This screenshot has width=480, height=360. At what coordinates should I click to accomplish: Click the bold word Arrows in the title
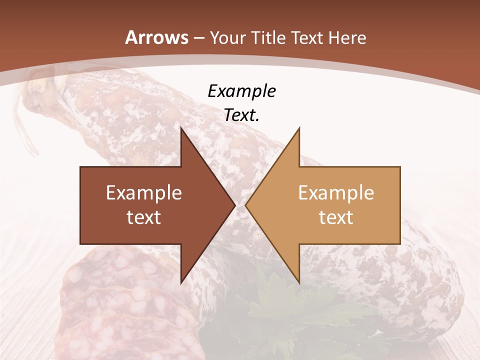click(157, 38)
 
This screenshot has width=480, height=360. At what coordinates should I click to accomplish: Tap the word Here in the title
click(347, 38)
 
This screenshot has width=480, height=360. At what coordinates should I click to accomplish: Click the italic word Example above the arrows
click(241, 91)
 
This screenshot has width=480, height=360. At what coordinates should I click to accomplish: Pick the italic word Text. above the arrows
click(241, 115)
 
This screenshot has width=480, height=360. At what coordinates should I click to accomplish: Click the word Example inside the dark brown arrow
click(144, 192)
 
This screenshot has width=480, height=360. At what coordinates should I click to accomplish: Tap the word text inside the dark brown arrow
click(144, 217)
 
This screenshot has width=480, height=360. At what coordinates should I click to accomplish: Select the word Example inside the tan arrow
click(336, 192)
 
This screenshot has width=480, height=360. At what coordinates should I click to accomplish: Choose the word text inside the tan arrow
click(336, 217)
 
